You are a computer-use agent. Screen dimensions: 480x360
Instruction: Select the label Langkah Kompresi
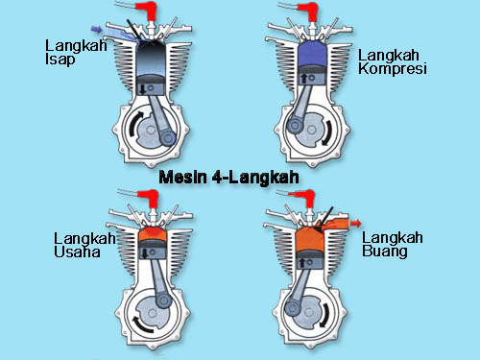390,61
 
